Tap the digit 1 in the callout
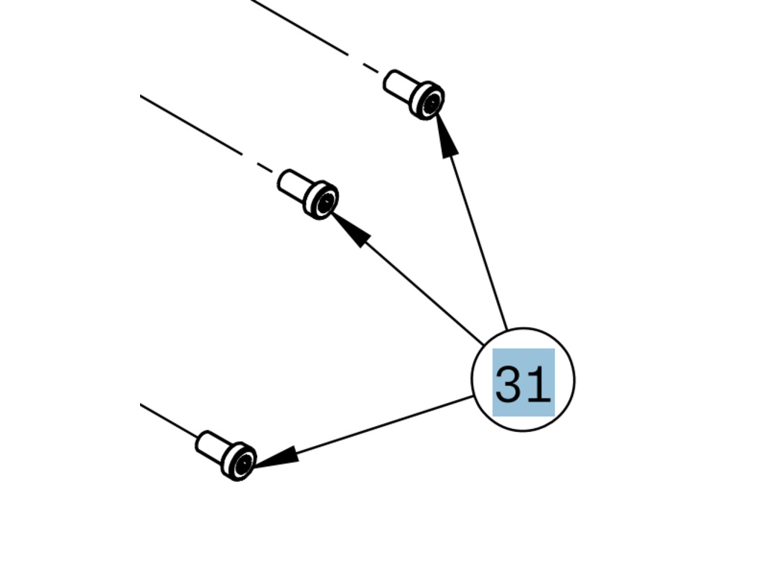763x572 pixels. (538, 384)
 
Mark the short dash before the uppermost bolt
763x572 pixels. (371, 69)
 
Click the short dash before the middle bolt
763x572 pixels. (265, 168)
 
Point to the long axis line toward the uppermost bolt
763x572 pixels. (298, 27)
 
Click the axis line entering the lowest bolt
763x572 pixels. (168, 421)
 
